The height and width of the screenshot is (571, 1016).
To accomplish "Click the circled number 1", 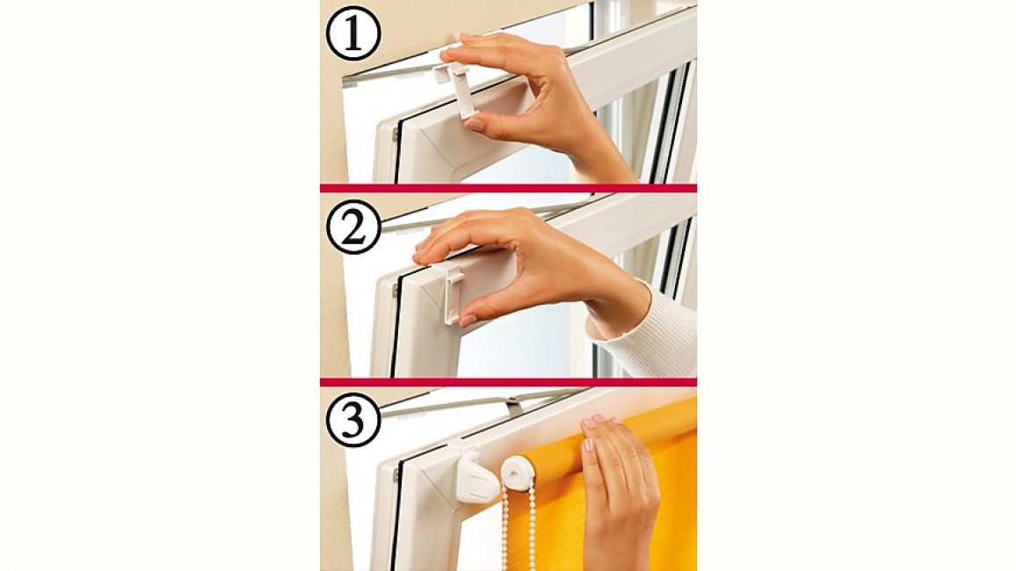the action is (353, 33).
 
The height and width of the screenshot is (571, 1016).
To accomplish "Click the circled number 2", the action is (353, 227).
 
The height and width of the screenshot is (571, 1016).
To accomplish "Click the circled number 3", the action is (353, 420).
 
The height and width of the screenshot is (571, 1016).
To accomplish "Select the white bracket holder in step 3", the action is (476, 478).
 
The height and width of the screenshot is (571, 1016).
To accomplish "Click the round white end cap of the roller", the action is (518, 473).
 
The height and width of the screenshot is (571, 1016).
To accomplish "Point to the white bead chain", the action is (519, 528).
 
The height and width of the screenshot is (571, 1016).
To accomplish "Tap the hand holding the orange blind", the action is (619, 492).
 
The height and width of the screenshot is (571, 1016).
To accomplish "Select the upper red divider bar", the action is (508, 188).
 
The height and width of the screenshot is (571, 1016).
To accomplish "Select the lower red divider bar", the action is (508, 382).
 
